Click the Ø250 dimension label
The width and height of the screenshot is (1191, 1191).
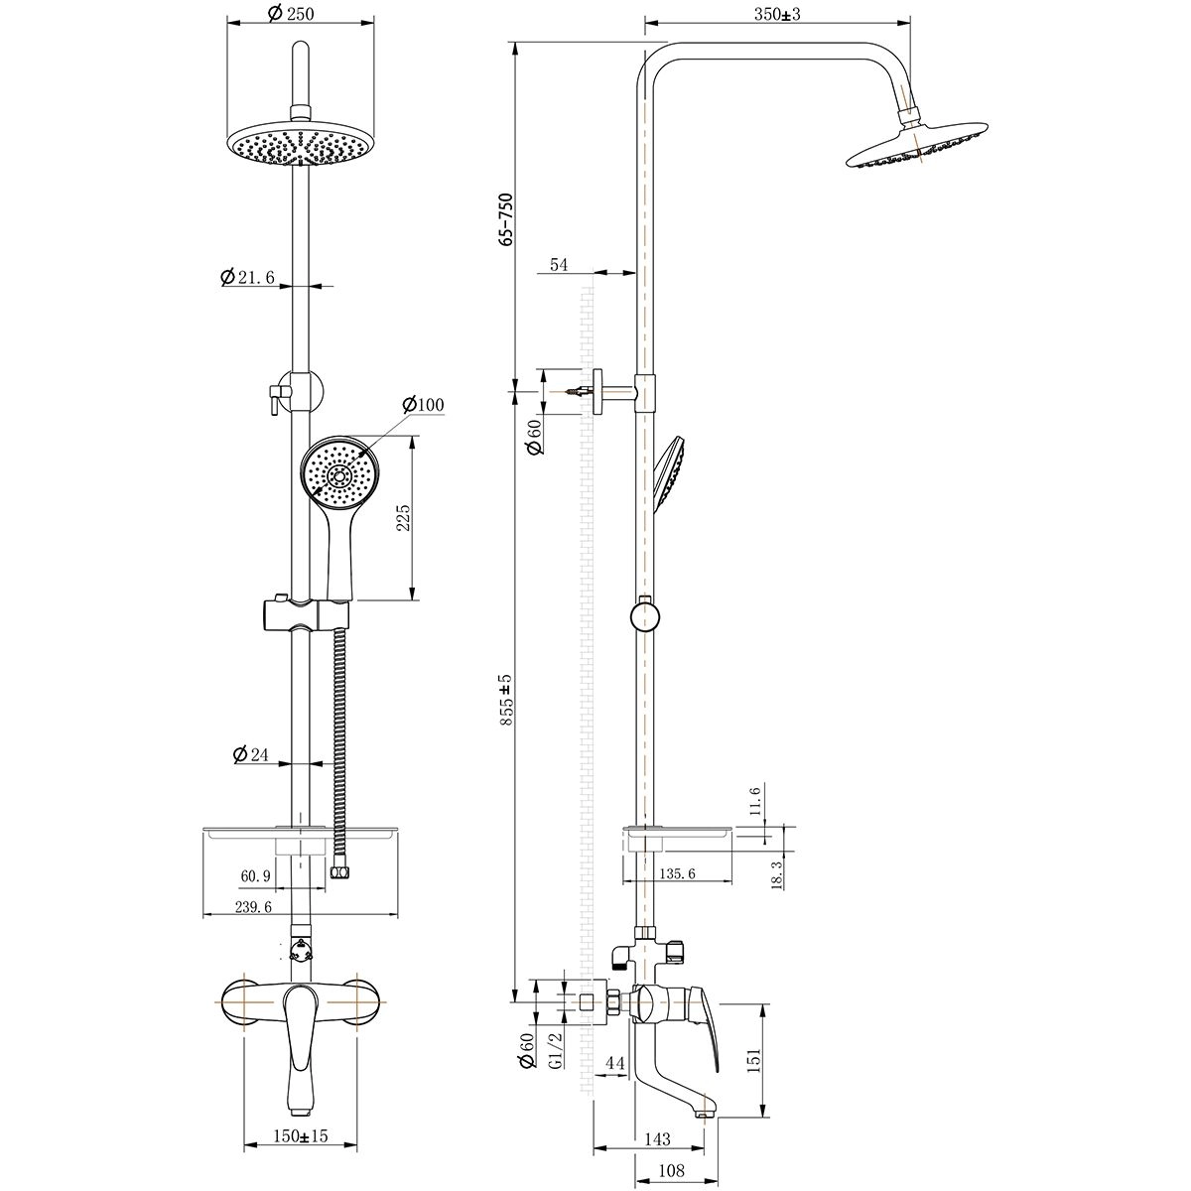point(292,14)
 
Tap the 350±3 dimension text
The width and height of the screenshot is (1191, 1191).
point(777,14)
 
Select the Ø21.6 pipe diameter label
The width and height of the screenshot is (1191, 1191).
point(247,278)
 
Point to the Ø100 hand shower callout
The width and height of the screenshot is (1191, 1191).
point(424,405)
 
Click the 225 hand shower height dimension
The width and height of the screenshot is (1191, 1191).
point(403,518)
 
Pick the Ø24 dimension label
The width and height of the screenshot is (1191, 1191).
point(251,754)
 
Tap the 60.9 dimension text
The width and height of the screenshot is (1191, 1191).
point(255,875)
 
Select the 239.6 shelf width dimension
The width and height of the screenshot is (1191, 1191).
point(253,907)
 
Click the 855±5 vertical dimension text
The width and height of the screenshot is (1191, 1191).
point(506,700)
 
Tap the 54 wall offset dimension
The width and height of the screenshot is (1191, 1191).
point(559,265)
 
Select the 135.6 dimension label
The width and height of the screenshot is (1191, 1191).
point(678,873)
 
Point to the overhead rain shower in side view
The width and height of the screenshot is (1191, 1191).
point(917,146)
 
